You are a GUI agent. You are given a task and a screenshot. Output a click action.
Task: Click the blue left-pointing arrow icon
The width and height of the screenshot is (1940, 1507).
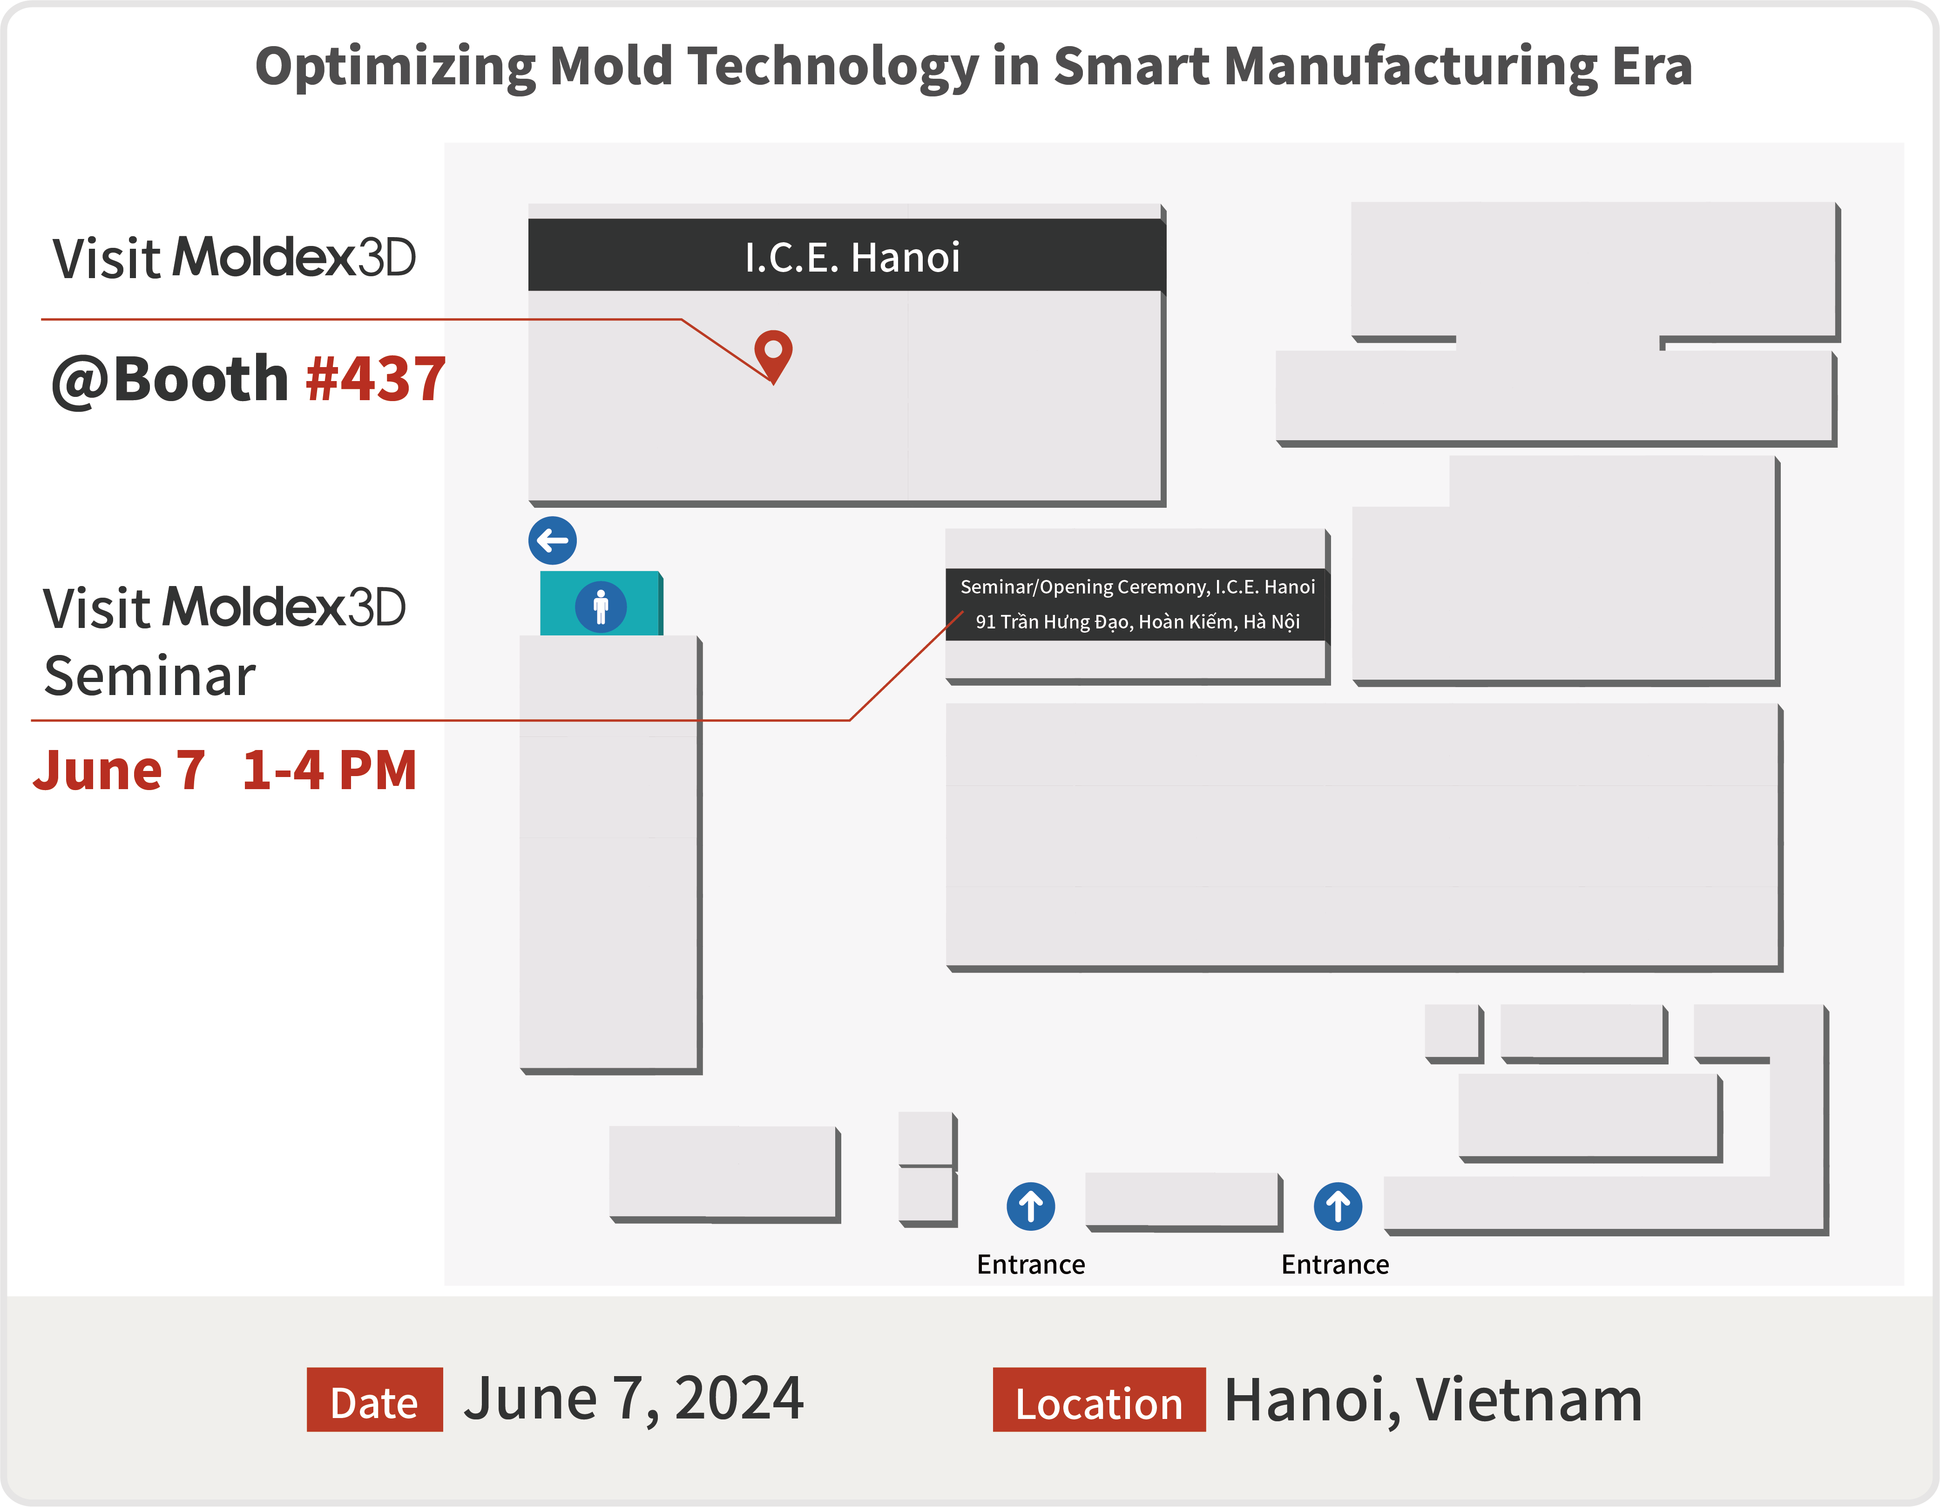click(x=553, y=540)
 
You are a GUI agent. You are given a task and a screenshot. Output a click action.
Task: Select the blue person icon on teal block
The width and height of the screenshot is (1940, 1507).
click(x=601, y=607)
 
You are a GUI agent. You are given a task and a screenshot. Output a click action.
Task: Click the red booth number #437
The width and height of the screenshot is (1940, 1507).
click(x=375, y=379)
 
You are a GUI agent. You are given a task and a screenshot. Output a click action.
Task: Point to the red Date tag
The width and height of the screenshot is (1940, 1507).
click(x=375, y=1399)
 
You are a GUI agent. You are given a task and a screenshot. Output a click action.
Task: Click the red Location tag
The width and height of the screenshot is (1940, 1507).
click(x=1099, y=1399)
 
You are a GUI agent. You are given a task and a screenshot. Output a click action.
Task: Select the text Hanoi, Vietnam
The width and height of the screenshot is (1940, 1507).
click(x=1433, y=1399)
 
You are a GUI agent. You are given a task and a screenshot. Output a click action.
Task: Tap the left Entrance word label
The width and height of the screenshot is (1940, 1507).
click(x=1030, y=1264)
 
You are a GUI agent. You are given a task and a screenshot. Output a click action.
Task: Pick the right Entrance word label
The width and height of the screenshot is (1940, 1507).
click(x=1335, y=1264)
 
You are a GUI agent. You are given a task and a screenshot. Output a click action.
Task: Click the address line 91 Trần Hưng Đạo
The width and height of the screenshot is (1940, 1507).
click(x=1137, y=621)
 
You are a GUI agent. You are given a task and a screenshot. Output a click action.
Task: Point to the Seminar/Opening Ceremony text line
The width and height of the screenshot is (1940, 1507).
click(x=1137, y=586)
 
